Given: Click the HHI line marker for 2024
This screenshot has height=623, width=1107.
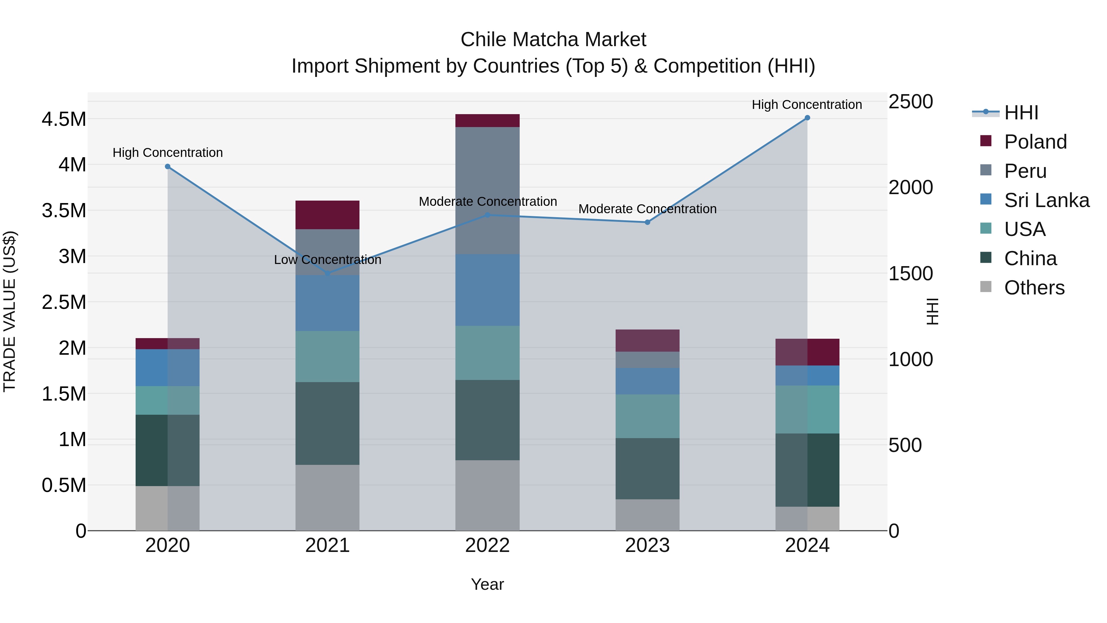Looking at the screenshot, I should [807, 118].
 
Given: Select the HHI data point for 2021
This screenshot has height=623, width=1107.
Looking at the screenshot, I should [327, 274].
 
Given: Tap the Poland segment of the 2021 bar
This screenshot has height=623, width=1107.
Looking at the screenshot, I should [327, 214].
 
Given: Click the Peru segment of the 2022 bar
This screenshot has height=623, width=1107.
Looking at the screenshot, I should [487, 190].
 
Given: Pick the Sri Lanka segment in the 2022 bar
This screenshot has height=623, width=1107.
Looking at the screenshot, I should [487, 290].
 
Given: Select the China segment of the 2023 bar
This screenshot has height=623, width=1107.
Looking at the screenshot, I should [647, 468].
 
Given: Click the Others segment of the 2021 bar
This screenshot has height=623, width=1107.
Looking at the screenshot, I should [327, 497].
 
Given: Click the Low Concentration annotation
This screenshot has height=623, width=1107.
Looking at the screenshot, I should [327, 260].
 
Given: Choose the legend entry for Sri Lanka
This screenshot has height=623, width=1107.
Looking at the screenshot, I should [1046, 200].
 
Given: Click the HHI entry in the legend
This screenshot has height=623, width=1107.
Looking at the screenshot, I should [1021, 113].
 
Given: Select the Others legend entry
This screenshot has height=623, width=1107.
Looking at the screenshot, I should [1034, 288].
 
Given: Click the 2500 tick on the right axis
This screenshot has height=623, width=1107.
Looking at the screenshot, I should [911, 102].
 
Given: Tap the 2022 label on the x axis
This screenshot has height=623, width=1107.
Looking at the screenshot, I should [487, 545].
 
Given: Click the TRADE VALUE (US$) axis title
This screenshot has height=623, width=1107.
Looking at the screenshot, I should [10, 311].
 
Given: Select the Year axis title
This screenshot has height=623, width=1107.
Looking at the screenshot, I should [487, 584].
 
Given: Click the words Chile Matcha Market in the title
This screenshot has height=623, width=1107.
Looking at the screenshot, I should [553, 40].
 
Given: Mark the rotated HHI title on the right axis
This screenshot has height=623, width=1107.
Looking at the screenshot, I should [932, 311].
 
